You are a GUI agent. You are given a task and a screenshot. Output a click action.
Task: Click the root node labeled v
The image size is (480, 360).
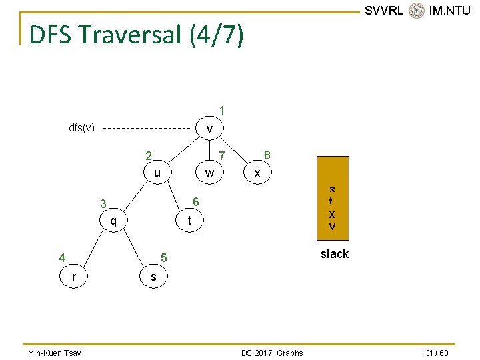[209, 128]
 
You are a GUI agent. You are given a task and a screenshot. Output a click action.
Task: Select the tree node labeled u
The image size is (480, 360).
[157, 173]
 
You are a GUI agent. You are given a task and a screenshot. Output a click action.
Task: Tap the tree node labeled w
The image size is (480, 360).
[209, 173]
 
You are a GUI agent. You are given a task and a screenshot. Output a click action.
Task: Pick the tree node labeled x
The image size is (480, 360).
[257, 173]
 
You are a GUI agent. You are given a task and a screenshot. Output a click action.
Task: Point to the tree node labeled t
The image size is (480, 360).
[189, 221]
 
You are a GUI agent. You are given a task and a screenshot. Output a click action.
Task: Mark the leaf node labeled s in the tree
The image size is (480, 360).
[153, 275]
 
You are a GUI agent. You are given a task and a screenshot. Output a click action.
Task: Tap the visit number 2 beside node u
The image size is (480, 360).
[149, 157]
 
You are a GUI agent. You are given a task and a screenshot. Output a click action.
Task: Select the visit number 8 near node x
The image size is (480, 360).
[267, 154]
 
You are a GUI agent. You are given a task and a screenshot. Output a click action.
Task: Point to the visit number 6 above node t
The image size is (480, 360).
[195, 202]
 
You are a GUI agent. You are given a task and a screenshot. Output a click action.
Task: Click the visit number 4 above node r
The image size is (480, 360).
[62, 257]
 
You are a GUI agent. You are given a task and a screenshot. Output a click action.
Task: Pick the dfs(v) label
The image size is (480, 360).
[82, 127]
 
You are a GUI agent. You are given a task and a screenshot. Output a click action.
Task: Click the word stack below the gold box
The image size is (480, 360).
[334, 254]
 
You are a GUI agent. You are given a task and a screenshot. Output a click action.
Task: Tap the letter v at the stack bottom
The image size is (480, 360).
[332, 227]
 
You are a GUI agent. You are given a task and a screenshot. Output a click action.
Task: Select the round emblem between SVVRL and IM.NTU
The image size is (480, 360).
[417, 10]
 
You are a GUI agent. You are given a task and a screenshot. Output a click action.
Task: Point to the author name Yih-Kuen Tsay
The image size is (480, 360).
[55, 353]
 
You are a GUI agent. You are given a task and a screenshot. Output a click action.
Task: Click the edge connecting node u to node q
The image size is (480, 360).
[135, 197]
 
